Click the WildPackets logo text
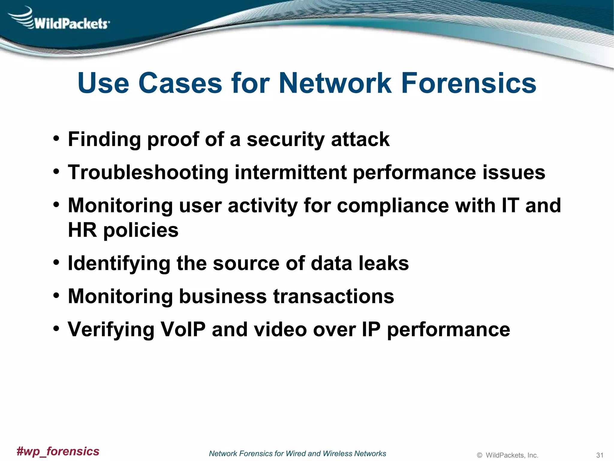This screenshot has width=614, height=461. [71, 23]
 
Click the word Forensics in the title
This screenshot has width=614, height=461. [469, 83]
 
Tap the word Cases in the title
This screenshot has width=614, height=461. [180, 83]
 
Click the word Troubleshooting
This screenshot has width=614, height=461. [148, 173]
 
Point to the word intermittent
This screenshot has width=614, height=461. [291, 173]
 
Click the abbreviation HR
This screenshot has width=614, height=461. [82, 230]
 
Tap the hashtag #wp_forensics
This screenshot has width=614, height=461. [58, 451]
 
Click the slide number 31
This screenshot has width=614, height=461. [600, 455]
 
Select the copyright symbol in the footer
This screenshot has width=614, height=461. [479, 455]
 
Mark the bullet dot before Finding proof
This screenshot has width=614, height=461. [56, 139]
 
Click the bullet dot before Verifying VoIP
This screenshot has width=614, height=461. [56, 329]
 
